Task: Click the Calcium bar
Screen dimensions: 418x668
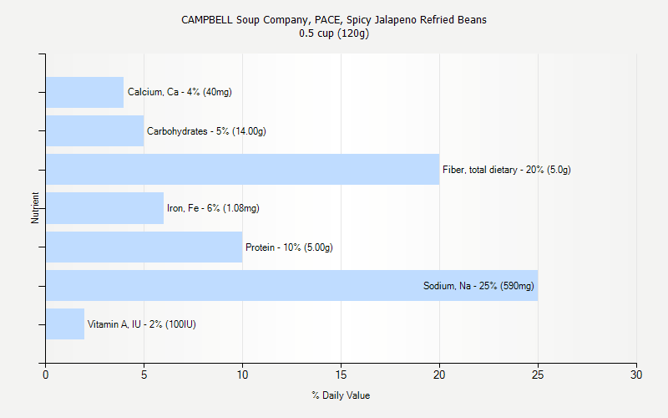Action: point(84,92)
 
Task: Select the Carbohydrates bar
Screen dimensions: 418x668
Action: point(94,131)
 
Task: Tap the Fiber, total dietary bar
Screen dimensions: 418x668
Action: point(242,170)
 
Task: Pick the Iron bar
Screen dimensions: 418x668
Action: point(104,208)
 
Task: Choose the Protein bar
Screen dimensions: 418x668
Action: point(144,247)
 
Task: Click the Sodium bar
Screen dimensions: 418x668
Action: point(234,286)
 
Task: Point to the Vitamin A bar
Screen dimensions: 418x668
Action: point(65,324)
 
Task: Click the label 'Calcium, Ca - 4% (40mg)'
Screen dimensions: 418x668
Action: point(180,92)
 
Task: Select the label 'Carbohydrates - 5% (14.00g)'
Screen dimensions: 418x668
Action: point(206,131)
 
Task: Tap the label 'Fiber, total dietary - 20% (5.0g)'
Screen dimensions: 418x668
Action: point(507,170)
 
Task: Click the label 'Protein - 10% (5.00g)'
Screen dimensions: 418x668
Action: point(289,247)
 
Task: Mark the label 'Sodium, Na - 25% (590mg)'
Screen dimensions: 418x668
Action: point(478,286)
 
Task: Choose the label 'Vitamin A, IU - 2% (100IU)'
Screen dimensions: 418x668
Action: point(142,324)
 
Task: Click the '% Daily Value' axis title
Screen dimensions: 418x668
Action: point(341,395)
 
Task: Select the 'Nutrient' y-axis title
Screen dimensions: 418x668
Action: point(35,208)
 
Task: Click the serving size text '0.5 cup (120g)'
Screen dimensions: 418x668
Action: point(334,33)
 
